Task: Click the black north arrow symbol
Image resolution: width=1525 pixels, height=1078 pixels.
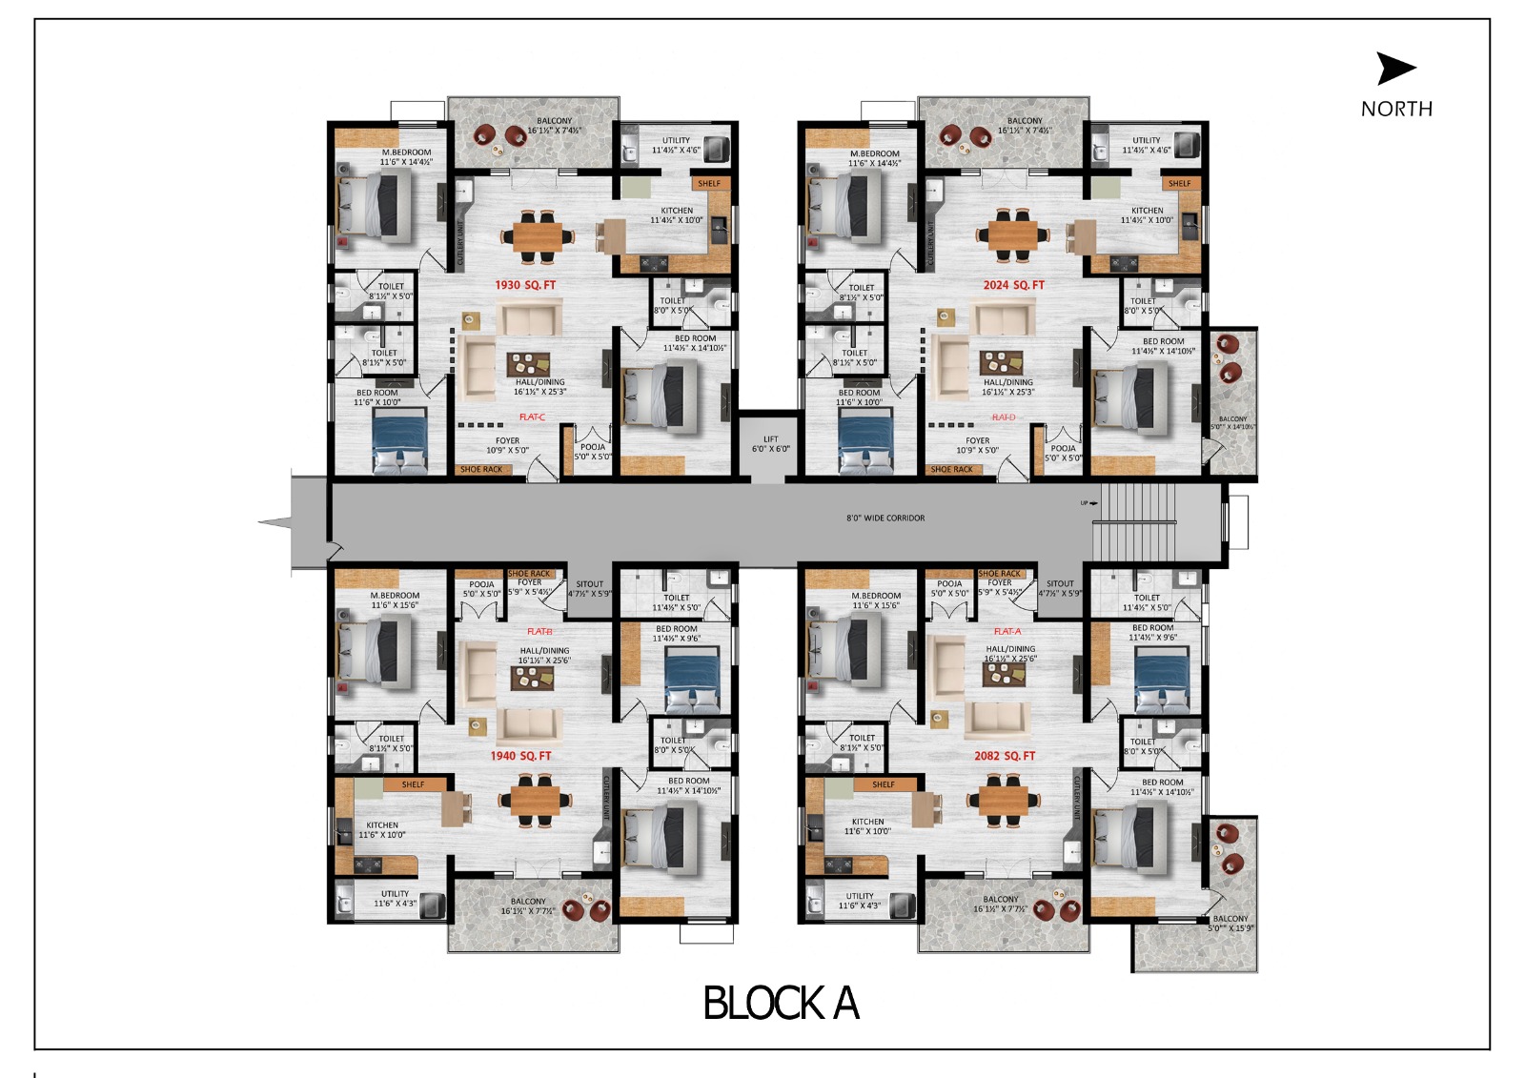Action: pyautogui.click(x=1395, y=69)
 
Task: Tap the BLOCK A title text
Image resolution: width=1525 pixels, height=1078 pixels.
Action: pyautogui.click(x=781, y=1004)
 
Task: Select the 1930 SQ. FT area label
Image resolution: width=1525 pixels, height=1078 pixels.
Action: pyautogui.click(x=524, y=285)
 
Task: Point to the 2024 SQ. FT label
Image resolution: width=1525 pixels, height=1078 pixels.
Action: pyautogui.click(x=1013, y=285)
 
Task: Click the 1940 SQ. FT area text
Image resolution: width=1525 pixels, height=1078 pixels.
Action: pyautogui.click(x=520, y=756)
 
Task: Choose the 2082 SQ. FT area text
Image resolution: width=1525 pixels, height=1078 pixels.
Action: pyautogui.click(x=1004, y=756)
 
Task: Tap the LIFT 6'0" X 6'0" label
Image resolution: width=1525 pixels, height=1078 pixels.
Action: pyautogui.click(x=770, y=444)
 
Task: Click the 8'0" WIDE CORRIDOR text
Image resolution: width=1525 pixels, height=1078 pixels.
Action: pyautogui.click(x=885, y=519)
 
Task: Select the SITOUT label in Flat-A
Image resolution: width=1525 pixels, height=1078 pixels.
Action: pyautogui.click(x=1060, y=584)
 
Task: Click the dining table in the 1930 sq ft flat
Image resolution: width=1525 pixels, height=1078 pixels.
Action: pyautogui.click(x=539, y=234)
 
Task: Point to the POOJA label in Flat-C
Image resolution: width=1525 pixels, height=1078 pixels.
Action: pyautogui.click(x=593, y=447)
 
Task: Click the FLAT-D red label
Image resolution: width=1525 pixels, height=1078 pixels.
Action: pyautogui.click(x=1003, y=417)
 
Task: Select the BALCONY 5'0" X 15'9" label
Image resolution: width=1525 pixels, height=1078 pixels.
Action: pyautogui.click(x=1230, y=924)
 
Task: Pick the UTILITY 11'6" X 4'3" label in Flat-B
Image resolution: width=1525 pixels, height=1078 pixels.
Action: pyautogui.click(x=395, y=899)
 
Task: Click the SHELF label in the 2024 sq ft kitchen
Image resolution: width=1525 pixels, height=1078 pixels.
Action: pyautogui.click(x=1179, y=183)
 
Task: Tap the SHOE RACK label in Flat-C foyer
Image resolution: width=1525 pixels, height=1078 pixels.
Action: pyautogui.click(x=480, y=469)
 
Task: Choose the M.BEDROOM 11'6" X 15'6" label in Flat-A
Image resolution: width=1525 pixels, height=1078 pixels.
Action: pyautogui.click(x=875, y=600)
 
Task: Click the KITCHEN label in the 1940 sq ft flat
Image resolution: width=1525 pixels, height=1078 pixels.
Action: pyautogui.click(x=382, y=825)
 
